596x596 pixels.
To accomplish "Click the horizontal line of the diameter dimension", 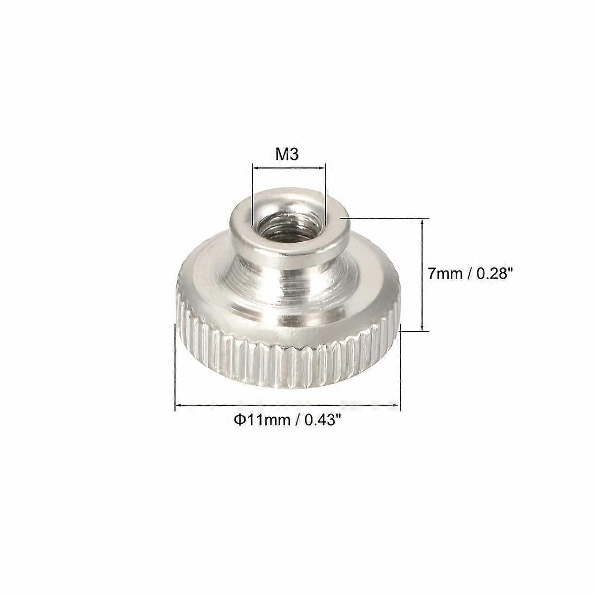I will [x=287, y=404].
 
